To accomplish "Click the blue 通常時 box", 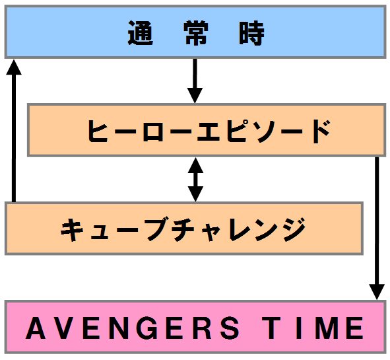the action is click(x=195, y=32).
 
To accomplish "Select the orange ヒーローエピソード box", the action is click(x=207, y=130).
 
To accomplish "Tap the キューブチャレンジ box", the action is click(x=184, y=229).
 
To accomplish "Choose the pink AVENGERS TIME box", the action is click(x=195, y=327).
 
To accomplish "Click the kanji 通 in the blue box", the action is click(x=140, y=33).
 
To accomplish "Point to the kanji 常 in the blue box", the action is click(x=196, y=33).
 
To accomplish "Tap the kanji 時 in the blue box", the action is click(x=251, y=33).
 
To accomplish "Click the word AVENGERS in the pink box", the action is click(x=133, y=328).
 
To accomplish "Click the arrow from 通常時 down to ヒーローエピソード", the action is click(x=195, y=81).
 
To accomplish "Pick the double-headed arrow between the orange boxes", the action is click(x=195, y=179).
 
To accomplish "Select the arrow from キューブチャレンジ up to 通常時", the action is click(x=14, y=130).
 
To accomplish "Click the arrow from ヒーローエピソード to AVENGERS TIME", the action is click(x=377, y=228).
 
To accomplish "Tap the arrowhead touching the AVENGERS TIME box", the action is click(x=377, y=292).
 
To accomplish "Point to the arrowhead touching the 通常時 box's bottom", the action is click(x=14, y=67).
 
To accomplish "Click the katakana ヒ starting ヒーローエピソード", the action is click(x=98, y=131).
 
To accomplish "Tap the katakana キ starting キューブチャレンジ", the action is click(x=72, y=229).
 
